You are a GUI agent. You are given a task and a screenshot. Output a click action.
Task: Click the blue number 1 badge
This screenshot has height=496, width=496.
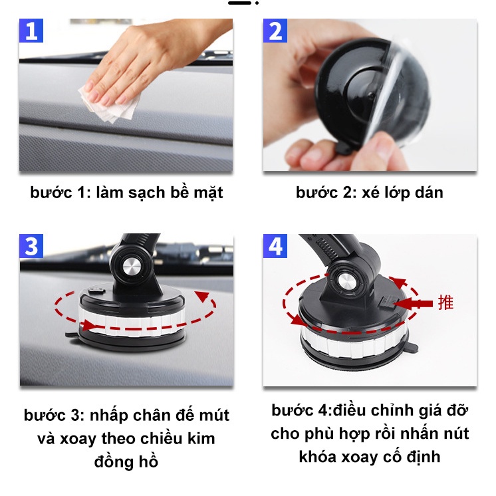(x=31, y=31)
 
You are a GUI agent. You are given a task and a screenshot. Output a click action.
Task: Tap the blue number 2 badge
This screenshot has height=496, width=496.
(x=275, y=31)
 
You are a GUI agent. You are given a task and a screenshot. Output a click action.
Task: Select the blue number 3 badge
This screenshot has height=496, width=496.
(x=31, y=246)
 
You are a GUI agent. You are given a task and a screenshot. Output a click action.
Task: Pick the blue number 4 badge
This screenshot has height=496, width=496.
(x=275, y=246)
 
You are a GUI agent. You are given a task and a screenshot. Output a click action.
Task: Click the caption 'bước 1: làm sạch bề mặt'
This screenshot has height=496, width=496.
(x=126, y=193)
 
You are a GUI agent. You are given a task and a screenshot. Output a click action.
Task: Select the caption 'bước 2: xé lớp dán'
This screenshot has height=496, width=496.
(x=369, y=193)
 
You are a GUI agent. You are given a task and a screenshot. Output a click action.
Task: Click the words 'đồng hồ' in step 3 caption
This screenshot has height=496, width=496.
(x=126, y=461)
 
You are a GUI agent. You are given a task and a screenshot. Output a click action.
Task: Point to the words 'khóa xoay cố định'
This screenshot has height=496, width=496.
(x=370, y=457)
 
